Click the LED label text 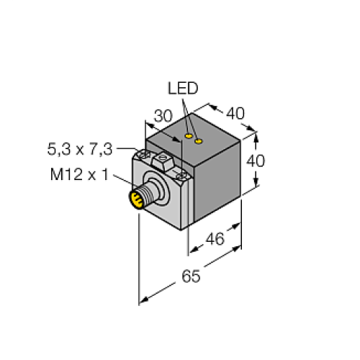(182, 89)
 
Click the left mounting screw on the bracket (143, 153)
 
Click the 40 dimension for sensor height (256, 161)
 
